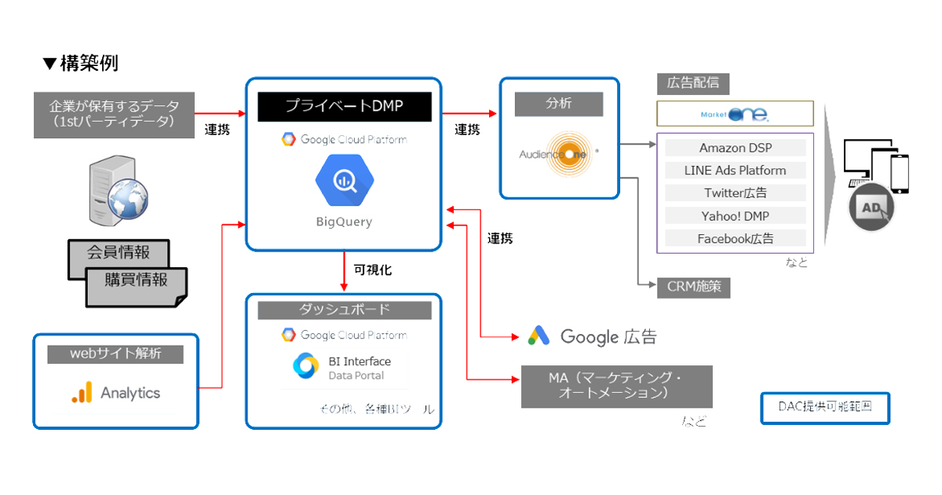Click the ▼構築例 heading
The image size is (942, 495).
tap(81, 64)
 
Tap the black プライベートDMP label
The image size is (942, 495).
tap(344, 106)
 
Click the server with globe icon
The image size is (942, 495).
tap(116, 189)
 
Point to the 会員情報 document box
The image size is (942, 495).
tap(118, 254)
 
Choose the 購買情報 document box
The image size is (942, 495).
tap(136, 280)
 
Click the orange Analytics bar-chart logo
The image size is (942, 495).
tap(82, 393)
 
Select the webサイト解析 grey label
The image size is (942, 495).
tap(115, 354)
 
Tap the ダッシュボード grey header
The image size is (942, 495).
tap(344, 310)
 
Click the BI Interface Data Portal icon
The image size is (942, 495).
tap(305, 366)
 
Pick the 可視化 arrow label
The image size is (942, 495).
tap(372, 269)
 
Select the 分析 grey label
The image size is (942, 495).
tap(558, 104)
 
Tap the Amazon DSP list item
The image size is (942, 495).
tap(735, 148)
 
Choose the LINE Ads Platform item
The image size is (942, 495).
tap(735, 170)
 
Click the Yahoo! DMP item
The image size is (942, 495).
tap(735, 215)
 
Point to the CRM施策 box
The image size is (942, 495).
tap(693, 287)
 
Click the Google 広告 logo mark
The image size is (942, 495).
tap(539, 336)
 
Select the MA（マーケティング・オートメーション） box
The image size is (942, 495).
tap(616, 386)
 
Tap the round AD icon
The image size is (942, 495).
tap(871, 208)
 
